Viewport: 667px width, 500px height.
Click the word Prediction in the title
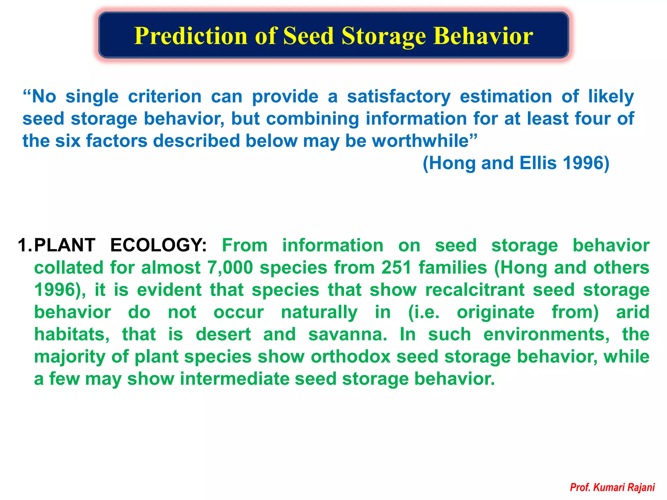tap(192, 36)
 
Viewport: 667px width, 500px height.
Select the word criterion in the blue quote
tap(165, 97)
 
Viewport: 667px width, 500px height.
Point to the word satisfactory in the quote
tap(399, 97)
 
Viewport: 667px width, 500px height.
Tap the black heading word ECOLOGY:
tap(158, 245)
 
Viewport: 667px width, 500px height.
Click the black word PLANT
tap(64, 245)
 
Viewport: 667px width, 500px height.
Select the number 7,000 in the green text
tap(230, 268)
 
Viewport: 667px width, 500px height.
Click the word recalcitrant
tap(475, 290)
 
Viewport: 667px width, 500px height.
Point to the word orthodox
tap(350, 357)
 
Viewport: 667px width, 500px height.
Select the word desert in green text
tap(223, 335)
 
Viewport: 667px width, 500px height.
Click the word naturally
tap(319, 312)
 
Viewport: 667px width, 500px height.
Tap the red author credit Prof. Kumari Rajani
tap(612, 488)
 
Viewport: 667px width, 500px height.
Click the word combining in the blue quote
tap(312, 119)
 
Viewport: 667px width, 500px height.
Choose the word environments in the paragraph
tap(546, 335)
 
